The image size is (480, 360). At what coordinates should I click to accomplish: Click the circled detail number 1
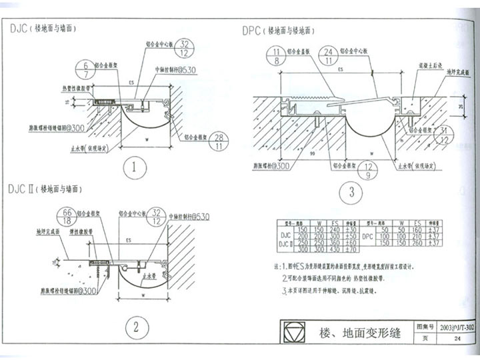tap(135, 167)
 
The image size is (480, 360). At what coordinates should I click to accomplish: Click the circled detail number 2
tap(135, 327)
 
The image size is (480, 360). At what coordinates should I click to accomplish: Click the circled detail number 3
tap(351, 194)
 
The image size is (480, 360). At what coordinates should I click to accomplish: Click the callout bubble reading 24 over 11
tap(329, 57)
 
